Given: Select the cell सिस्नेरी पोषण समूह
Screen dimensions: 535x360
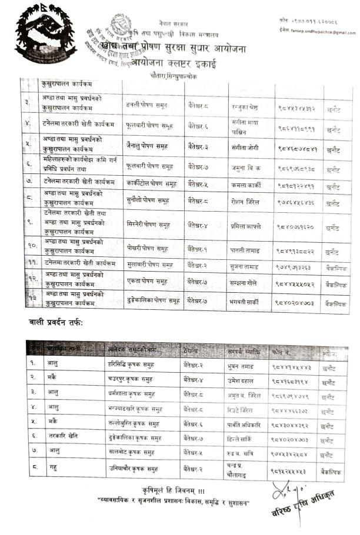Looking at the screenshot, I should tap(148, 226).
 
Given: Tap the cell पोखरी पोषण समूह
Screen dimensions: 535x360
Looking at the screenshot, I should tap(147, 250).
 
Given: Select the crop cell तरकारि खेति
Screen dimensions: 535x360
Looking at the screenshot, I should tap(55, 438).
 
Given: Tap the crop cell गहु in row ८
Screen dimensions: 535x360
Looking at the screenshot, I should tap(46, 470).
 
